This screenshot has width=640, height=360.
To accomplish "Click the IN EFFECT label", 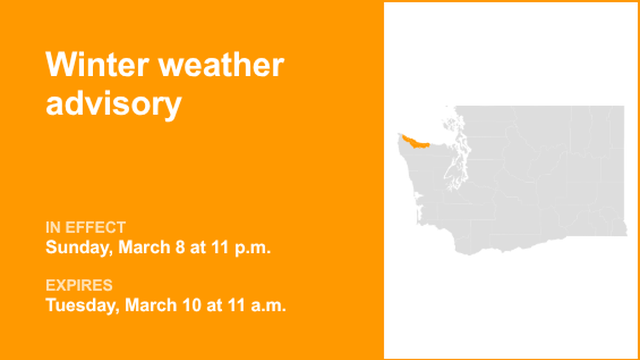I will coord(85,227).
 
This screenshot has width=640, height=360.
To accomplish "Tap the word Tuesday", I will coord(82,306).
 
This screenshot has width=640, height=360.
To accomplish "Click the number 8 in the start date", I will coord(179,248).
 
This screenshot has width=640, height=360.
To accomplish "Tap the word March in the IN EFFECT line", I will coord(145,248).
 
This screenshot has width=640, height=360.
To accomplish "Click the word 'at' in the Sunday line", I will coord(198,248).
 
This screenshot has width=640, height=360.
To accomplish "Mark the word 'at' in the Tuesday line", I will coord(213,306).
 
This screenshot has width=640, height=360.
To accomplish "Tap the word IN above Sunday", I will coord(53,227).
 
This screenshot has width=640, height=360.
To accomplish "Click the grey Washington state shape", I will coord(539,185).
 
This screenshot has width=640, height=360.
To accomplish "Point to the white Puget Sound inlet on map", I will coord(452,168).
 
